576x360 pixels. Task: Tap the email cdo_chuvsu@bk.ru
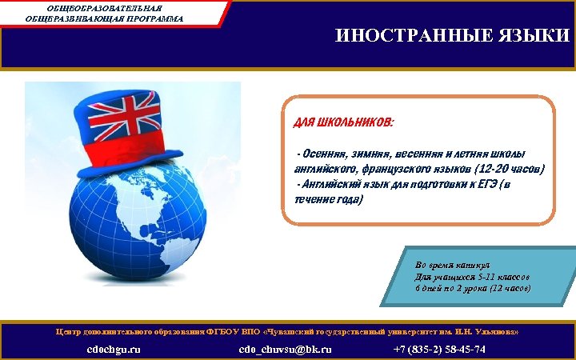pyautogui.click(x=285, y=350)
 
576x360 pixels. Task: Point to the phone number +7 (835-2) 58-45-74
pyautogui.click(x=439, y=350)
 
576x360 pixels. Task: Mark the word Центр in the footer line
pyautogui.click(x=70, y=331)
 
